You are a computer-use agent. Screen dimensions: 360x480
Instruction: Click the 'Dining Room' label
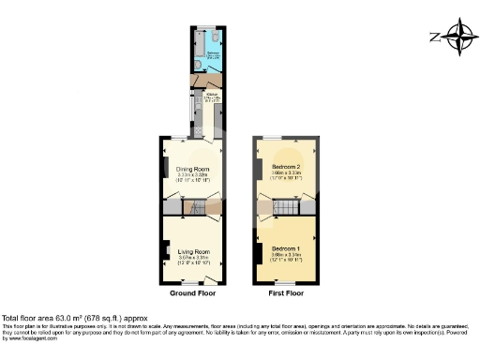coord(193,171)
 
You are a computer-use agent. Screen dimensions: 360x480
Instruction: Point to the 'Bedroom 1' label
coord(286,249)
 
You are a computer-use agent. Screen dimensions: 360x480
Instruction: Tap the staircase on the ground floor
coord(196,207)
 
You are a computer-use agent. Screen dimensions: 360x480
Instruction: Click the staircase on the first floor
coord(298,206)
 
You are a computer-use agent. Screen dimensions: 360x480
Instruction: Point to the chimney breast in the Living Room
coord(164,249)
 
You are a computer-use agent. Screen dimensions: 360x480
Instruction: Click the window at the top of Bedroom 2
coord(286,139)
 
